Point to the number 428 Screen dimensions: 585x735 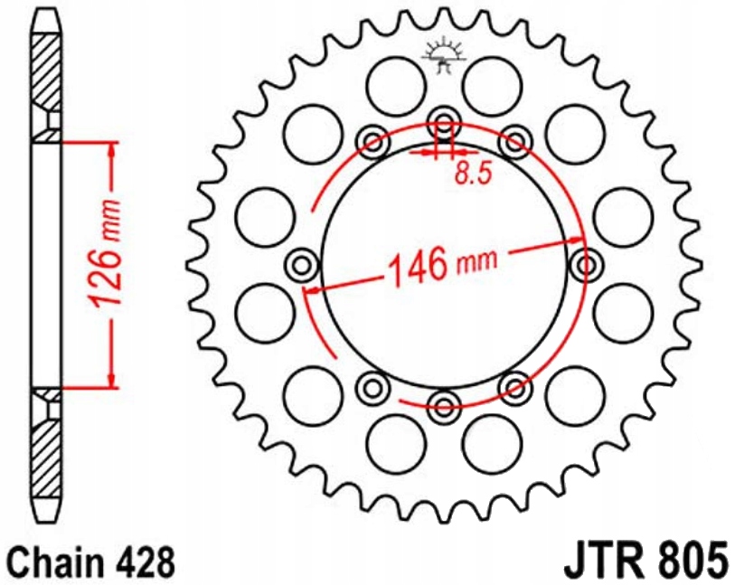coord(146,561)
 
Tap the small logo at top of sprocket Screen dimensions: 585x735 coord(443,56)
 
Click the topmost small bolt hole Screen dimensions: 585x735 coord(443,122)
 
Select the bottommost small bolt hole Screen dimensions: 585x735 coord(443,405)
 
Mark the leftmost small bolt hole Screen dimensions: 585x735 coord(301,264)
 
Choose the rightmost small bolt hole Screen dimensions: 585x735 coord(585,264)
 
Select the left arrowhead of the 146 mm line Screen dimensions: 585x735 coord(313,289)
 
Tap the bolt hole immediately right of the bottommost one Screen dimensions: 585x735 coord(514,389)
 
